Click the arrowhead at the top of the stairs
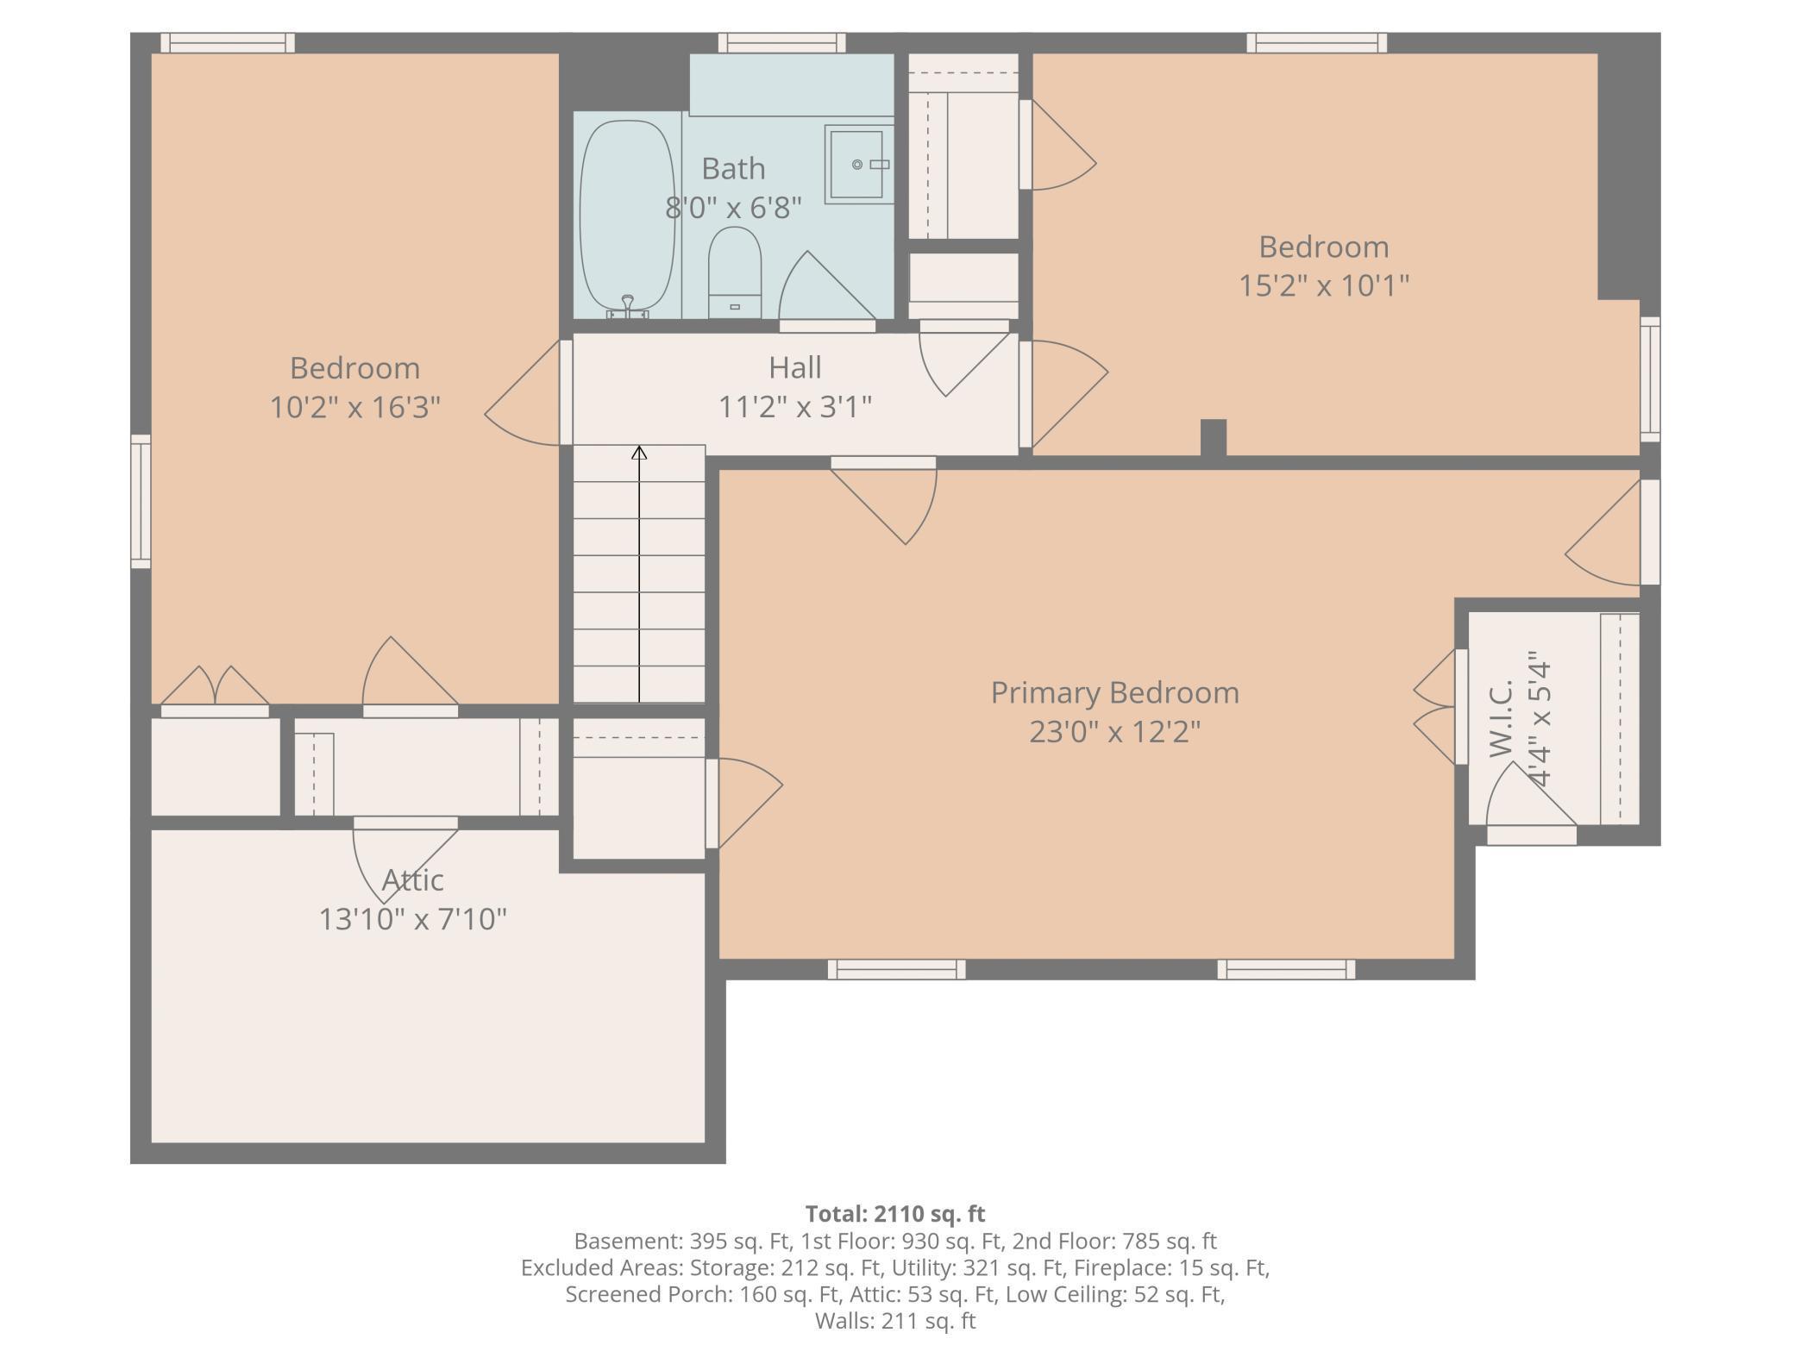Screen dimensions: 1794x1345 pos(639,453)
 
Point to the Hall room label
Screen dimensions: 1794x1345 pos(794,368)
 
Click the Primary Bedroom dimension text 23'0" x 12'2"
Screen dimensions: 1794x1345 pos(1114,732)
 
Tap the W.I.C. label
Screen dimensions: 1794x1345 pos(1502,718)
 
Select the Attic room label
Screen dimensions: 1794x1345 pos(412,880)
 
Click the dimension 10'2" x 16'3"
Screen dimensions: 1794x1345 pos(354,407)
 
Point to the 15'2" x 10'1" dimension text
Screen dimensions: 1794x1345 pos(1324,285)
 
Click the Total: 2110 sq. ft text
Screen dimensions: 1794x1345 pos(895,1214)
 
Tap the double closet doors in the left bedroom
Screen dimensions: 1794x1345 pos(215,687)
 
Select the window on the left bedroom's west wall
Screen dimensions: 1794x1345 pos(141,501)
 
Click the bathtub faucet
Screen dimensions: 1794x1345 pos(628,307)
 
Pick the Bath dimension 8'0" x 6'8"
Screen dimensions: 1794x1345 pos(733,208)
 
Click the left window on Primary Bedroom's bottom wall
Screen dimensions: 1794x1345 pos(896,969)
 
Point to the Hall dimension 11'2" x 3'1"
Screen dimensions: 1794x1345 pos(795,407)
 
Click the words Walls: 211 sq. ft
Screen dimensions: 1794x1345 pos(895,1321)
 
